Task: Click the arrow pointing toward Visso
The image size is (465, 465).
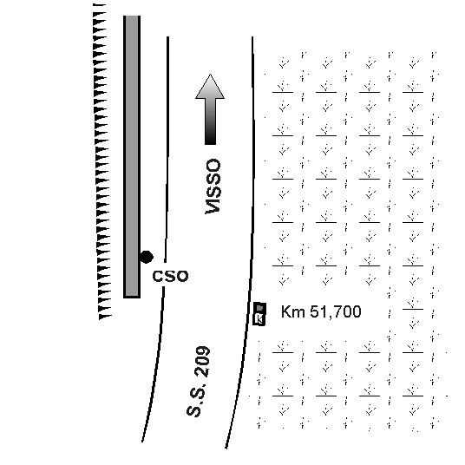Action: click(x=210, y=109)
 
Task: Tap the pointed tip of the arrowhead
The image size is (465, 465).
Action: click(x=210, y=74)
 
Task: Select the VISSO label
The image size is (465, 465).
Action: click(x=213, y=187)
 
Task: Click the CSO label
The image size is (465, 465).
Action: click(x=170, y=276)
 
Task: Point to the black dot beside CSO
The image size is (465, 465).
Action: click(x=147, y=257)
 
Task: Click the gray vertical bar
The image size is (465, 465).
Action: click(x=132, y=156)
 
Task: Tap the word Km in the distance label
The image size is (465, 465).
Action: click(x=292, y=311)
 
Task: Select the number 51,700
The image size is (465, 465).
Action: click(x=336, y=312)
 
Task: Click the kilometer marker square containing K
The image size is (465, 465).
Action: click(x=259, y=319)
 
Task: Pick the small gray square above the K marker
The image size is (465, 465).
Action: click(x=259, y=307)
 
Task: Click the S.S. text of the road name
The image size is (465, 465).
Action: click(x=196, y=402)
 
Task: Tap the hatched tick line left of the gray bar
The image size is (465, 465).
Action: click(x=102, y=161)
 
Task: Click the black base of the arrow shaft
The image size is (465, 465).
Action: click(x=210, y=140)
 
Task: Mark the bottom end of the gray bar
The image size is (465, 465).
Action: click(x=132, y=298)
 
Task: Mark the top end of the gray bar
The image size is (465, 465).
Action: click(x=132, y=16)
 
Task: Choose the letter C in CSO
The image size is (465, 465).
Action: click(x=158, y=276)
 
